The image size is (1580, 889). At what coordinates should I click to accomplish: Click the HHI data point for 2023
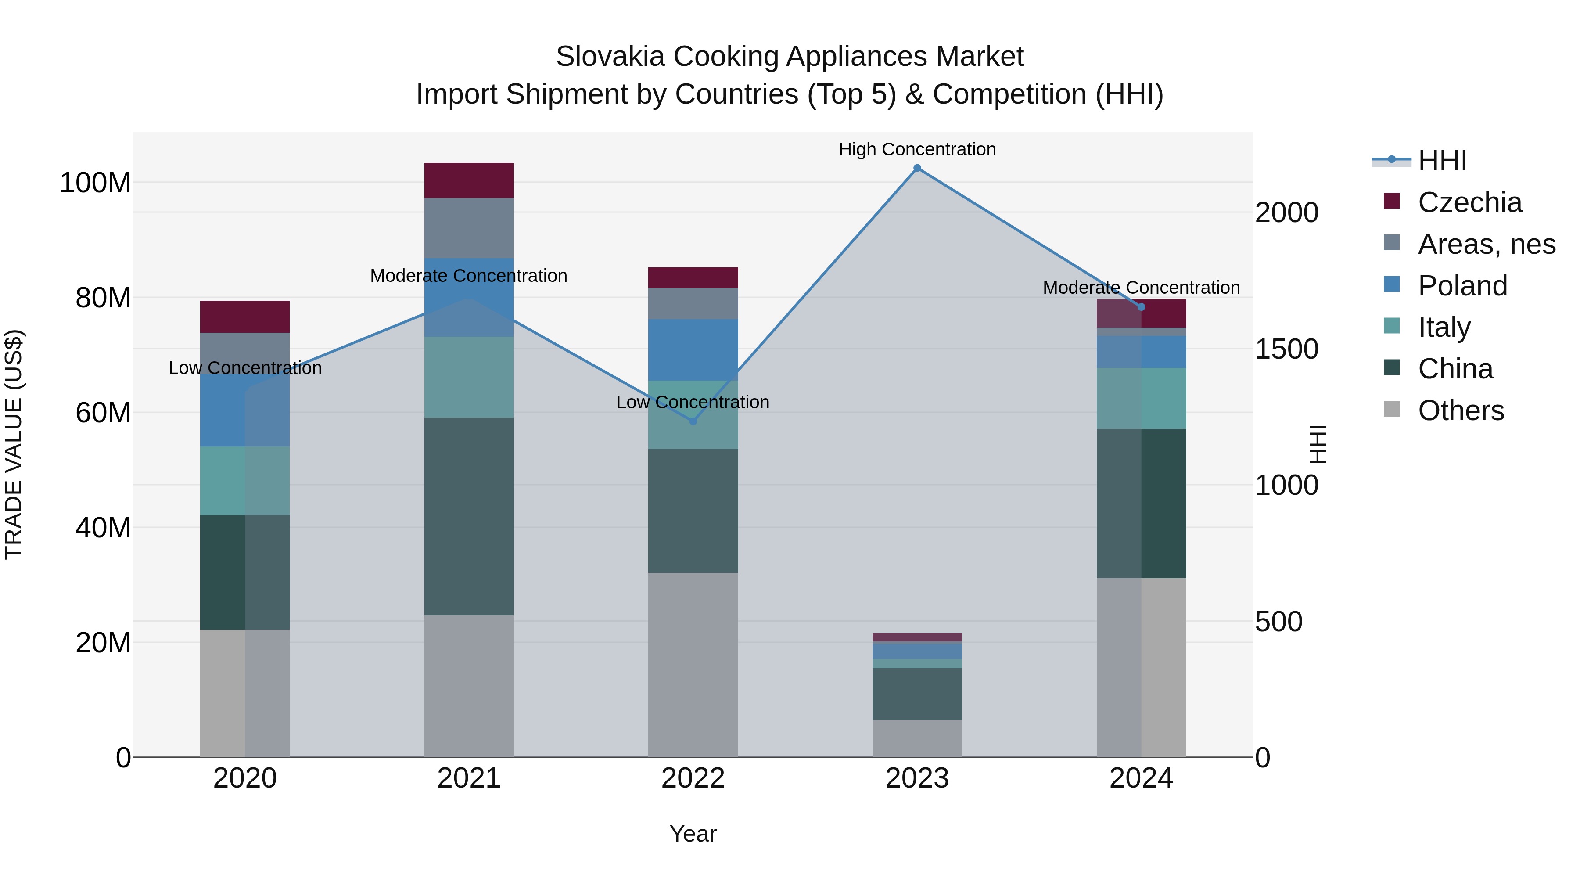[x=917, y=168]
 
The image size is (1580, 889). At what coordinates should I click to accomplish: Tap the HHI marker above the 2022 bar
[x=693, y=421]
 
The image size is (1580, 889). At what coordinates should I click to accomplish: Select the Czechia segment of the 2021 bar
[x=469, y=180]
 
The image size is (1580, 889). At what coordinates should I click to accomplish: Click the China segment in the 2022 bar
[x=693, y=511]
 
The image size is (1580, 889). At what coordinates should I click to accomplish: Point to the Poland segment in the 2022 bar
[x=693, y=350]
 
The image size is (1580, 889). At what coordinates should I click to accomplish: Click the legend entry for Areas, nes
[x=1486, y=244]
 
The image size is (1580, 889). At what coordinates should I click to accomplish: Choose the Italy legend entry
[x=1444, y=327]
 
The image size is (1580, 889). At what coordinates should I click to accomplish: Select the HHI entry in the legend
[x=1441, y=161]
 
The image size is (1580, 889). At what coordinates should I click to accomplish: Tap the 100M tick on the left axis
[x=95, y=183]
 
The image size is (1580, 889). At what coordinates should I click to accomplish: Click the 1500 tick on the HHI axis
[x=1287, y=349]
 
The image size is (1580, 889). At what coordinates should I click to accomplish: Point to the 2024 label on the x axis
[x=1141, y=778]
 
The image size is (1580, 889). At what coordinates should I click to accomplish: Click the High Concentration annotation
[x=917, y=149]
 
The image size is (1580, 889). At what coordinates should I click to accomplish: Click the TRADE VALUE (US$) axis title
[x=14, y=444]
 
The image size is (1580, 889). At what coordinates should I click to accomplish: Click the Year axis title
[x=693, y=834]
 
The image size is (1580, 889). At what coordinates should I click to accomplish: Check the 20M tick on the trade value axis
[x=103, y=642]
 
